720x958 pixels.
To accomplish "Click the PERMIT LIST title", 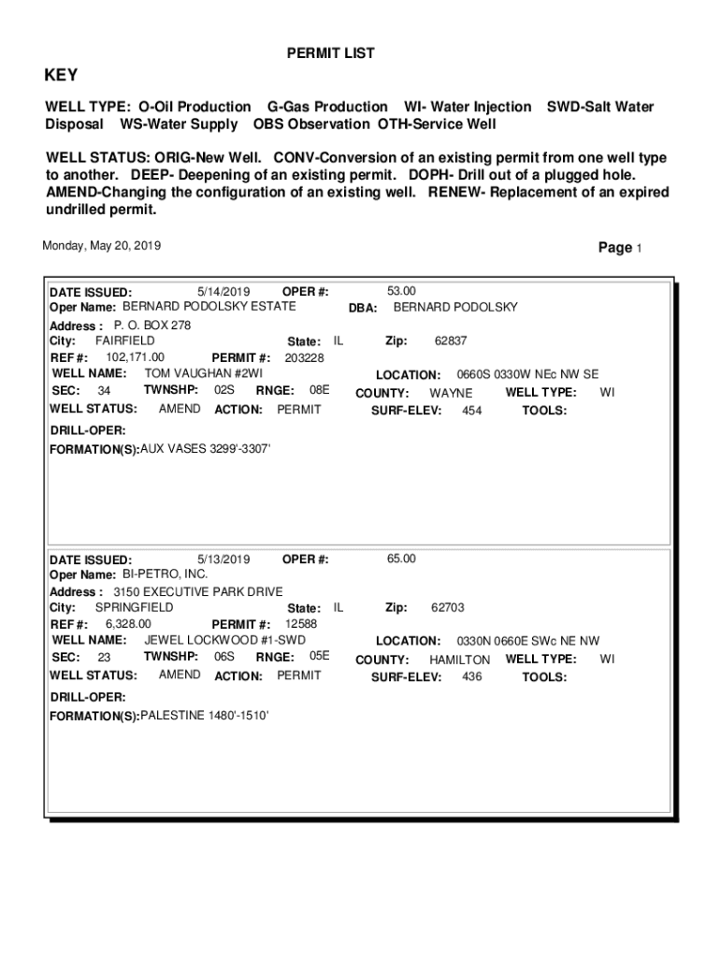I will click(330, 53).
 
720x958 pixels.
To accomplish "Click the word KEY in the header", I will click(62, 76).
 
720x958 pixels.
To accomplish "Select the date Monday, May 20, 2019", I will click(102, 246).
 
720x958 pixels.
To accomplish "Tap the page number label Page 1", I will click(620, 248).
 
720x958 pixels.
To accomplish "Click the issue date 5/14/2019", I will click(224, 291).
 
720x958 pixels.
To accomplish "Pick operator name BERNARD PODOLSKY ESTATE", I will click(209, 306).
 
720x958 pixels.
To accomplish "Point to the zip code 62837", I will click(451, 341).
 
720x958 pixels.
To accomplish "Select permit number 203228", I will click(304, 357).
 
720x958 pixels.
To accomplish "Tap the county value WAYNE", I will click(451, 393).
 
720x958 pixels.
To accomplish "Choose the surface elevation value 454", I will click(472, 411).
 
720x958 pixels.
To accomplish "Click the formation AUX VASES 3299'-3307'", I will click(205, 449).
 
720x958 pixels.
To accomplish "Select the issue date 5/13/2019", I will click(224, 559).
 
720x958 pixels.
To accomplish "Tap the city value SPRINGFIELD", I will click(134, 607).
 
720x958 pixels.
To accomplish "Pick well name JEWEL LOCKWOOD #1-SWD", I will click(224, 640).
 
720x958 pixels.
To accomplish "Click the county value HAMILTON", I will click(459, 660).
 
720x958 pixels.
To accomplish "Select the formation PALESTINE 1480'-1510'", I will click(204, 716).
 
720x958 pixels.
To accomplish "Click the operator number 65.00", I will click(401, 559).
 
